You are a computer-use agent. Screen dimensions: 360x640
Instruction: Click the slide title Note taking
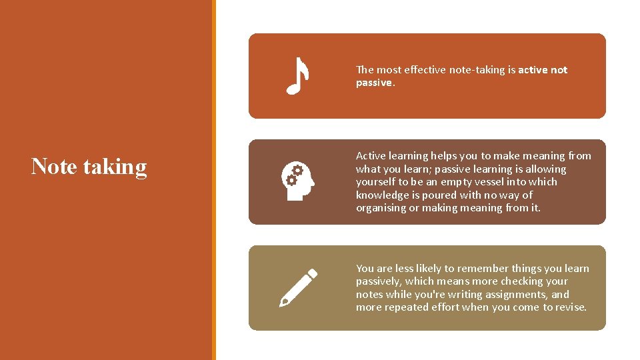[x=89, y=167]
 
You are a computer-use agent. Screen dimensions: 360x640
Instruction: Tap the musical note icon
[x=297, y=75]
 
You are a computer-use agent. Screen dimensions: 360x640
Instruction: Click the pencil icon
[x=297, y=287]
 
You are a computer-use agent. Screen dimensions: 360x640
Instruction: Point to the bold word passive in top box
[x=375, y=83]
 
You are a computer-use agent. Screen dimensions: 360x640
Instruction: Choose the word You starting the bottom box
[x=365, y=269]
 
